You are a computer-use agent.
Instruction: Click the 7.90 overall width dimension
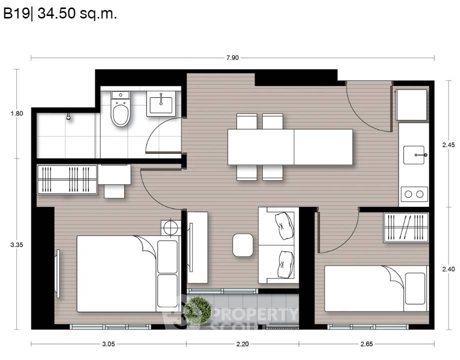coord(232,58)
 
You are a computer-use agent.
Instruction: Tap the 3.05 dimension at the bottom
coord(108,344)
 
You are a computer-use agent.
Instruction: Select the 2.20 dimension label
coord(243,344)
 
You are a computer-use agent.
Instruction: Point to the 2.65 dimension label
coord(367,344)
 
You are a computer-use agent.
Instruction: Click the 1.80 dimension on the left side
coord(16,113)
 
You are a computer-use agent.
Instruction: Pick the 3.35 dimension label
coord(16,245)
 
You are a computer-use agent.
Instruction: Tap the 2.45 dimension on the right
coord(449,145)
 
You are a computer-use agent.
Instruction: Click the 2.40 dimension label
coord(449,269)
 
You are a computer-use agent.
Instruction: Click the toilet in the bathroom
coord(120,109)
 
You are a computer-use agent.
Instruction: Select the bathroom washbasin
coord(161,103)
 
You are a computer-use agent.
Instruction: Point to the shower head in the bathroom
coord(68,116)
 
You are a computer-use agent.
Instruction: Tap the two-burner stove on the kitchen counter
coord(414,194)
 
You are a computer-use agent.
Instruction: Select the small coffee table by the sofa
coord(243,245)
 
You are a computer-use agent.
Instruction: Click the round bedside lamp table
coord(171,228)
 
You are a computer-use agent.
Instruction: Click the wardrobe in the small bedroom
coord(406,228)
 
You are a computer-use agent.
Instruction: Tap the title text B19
coord(16,13)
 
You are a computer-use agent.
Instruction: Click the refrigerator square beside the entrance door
coord(412,105)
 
